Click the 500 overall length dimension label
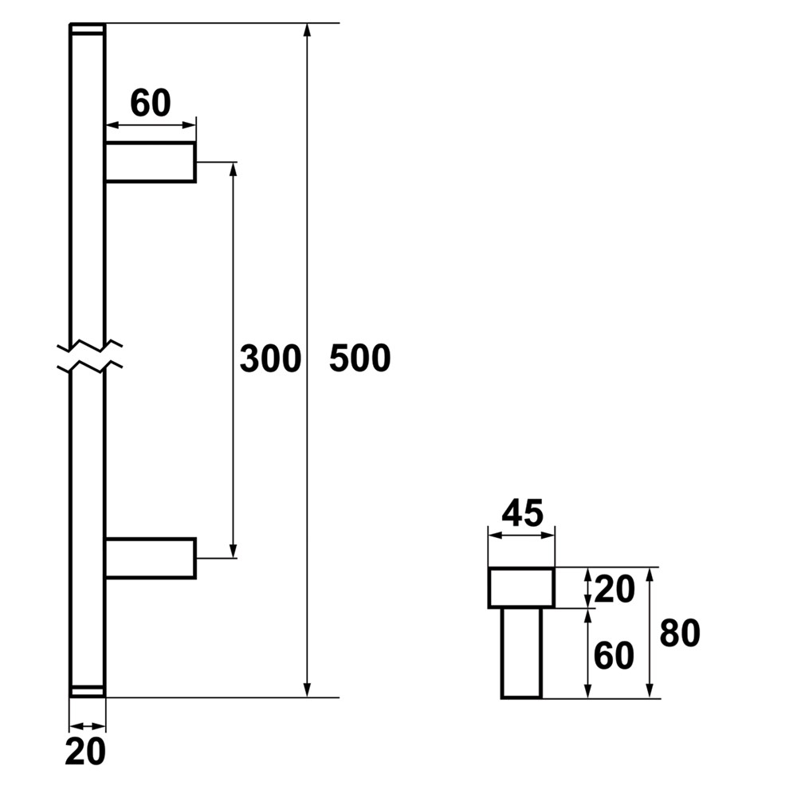360,358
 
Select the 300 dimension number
270,359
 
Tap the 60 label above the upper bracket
151,103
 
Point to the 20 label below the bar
85,752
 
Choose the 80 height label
680,634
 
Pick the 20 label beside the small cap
614,589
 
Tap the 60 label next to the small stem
614,655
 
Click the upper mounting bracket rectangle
151,162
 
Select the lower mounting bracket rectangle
151,558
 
